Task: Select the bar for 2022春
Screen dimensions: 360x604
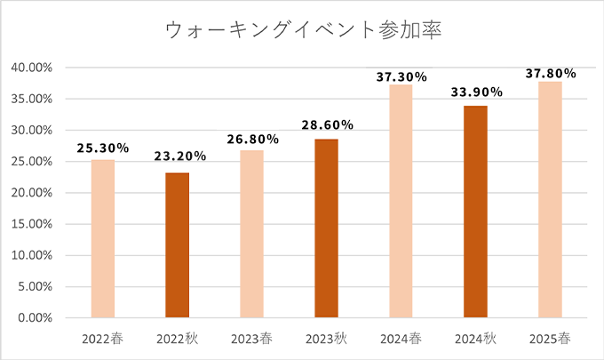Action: (103, 238)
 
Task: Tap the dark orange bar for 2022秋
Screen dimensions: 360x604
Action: (178, 244)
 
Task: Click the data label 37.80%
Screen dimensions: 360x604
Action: (551, 73)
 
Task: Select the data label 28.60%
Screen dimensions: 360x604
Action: (328, 125)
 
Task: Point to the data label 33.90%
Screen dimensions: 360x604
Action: (476, 92)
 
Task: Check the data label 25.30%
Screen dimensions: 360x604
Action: (103, 147)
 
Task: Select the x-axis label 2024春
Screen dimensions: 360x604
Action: (401, 339)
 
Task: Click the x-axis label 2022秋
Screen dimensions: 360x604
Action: (178, 339)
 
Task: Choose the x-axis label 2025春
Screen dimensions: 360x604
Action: (550, 339)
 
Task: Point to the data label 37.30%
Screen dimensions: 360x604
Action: (401, 77)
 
